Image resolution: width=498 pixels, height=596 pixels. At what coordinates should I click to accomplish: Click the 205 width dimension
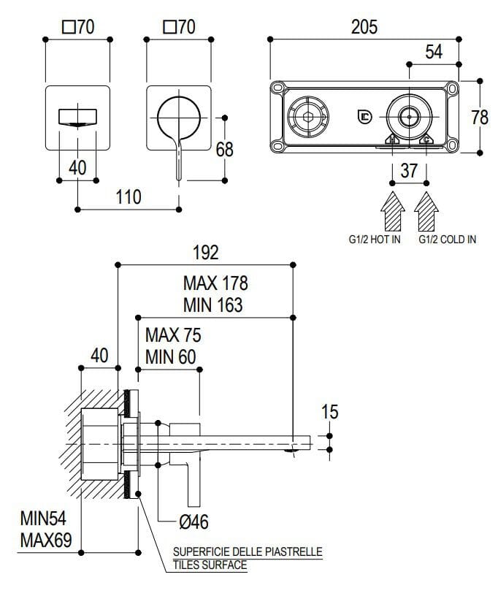364,28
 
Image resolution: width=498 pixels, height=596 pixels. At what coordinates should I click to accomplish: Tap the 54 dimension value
434,52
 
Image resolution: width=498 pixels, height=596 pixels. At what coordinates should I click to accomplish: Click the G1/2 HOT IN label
374,240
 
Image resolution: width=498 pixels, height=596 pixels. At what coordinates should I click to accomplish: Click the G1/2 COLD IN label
447,240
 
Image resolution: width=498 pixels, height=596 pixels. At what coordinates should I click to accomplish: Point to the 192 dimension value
205,253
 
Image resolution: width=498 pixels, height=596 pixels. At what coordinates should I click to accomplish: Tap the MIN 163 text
213,303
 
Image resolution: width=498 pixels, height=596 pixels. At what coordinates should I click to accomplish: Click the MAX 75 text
173,336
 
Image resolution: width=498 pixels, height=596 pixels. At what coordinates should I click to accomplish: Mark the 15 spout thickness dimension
329,412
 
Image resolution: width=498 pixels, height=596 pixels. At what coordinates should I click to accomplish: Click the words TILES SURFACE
210,565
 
